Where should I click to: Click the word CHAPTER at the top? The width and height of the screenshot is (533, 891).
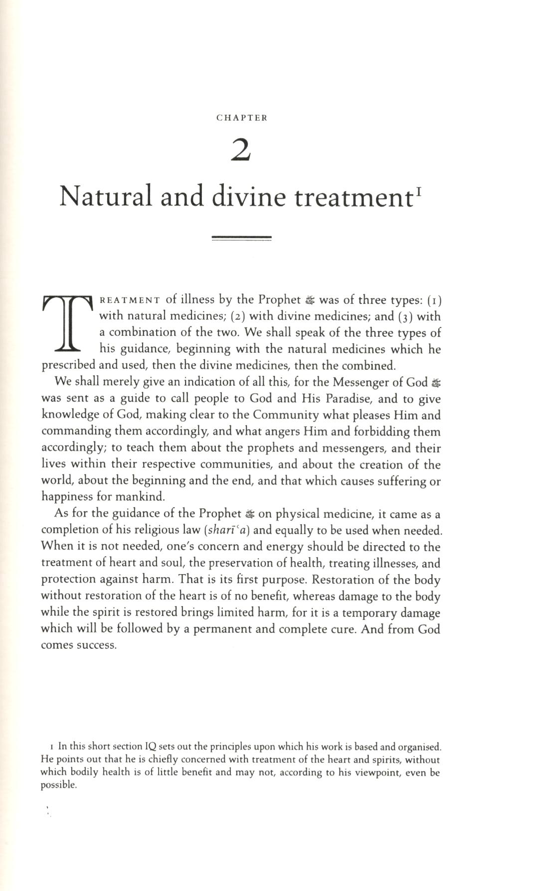coord(242,118)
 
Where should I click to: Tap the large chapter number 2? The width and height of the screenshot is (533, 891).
coord(241,150)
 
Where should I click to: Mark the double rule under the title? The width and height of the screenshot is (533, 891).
coord(241,238)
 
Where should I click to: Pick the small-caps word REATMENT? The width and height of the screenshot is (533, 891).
coord(130,300)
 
